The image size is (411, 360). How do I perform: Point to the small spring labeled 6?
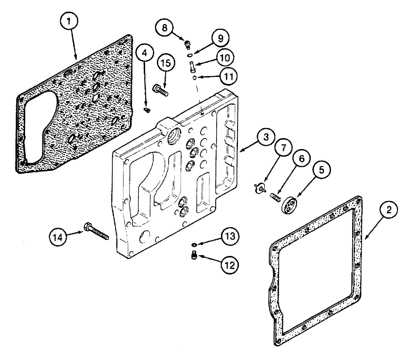coord(274,198)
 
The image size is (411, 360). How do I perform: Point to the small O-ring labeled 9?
coord(190,55)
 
